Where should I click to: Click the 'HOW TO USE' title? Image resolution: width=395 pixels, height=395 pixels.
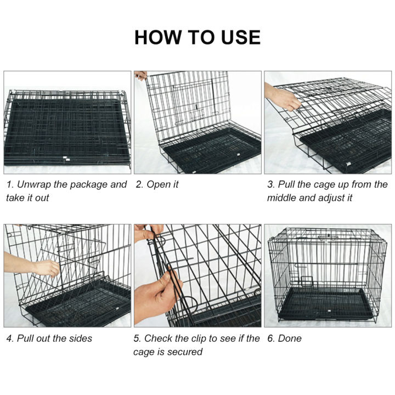pos(197,37)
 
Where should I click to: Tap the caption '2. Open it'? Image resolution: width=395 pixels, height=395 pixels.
pos(157,185)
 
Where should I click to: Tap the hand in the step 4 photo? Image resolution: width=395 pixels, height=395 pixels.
pos(44,268)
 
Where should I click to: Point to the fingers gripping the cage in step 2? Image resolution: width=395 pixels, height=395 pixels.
pos(141,75)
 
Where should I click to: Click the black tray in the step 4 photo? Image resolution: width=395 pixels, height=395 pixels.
pos(82,307)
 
